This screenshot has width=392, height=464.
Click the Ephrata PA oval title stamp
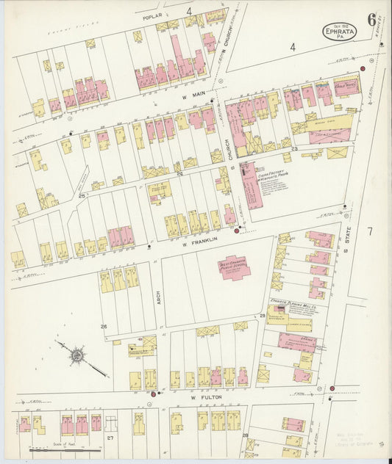pos(340,32)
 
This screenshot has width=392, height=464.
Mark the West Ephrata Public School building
pos(234,267)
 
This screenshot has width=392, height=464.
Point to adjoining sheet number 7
pos(370,232)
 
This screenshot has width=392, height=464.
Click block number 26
pos(104,326)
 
